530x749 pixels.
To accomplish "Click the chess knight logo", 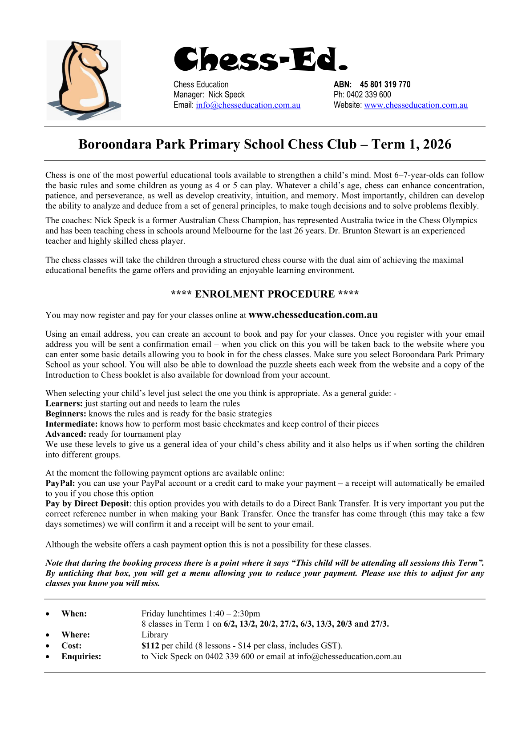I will pos(84,80).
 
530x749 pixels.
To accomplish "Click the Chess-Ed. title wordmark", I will pos(260,60).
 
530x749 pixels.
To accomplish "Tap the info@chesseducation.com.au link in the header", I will pos(248,105).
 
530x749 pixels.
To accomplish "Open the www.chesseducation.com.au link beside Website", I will pos(416,105).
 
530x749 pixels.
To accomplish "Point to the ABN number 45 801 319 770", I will pos(385,85).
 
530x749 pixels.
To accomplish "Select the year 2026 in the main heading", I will pos(437,144).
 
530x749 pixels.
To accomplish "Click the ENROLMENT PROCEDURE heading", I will pos(265,294).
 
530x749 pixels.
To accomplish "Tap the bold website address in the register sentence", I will pos(313,315).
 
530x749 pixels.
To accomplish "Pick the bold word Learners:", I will pos(64,403).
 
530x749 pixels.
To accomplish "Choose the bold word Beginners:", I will pos(66,414).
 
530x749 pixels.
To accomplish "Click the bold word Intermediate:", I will pos(71,424).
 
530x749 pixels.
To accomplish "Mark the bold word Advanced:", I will pos(65,434).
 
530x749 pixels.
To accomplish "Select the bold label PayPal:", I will pos(60,483).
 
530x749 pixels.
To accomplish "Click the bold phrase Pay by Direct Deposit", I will pos(87,503).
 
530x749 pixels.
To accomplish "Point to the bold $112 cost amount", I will pos(150,645).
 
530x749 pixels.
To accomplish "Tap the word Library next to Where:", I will pos(155,635).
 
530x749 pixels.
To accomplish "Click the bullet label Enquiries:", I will pos(81,656).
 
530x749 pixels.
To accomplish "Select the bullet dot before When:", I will pos(48,614).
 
